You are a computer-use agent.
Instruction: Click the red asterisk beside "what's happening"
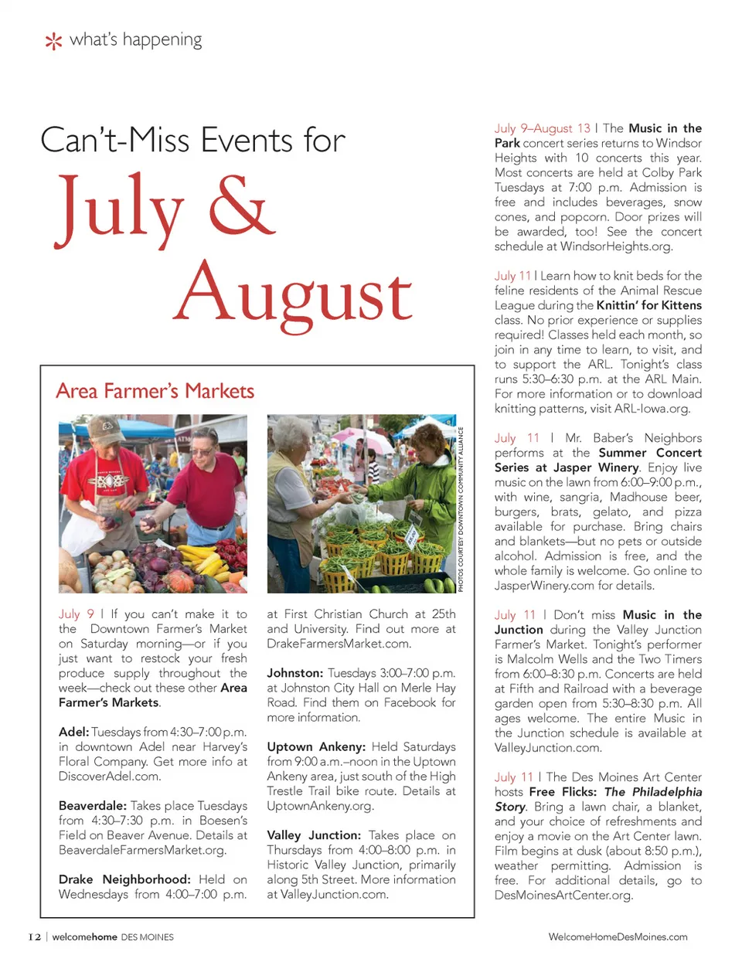[53, 41]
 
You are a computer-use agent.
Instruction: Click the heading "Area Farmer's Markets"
[155, 391]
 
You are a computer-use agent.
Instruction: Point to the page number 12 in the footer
[35, 937]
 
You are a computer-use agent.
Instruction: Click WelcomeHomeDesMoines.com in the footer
[618, 937]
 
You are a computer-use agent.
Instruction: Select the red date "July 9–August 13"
[542, 128]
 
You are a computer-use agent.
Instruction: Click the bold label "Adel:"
[73, 732]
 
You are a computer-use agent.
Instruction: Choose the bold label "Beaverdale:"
[93, 806]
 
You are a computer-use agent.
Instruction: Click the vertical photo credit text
[461, 510]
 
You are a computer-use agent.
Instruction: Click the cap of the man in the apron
[107, 428]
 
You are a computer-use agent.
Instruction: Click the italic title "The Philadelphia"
[653, 792]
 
